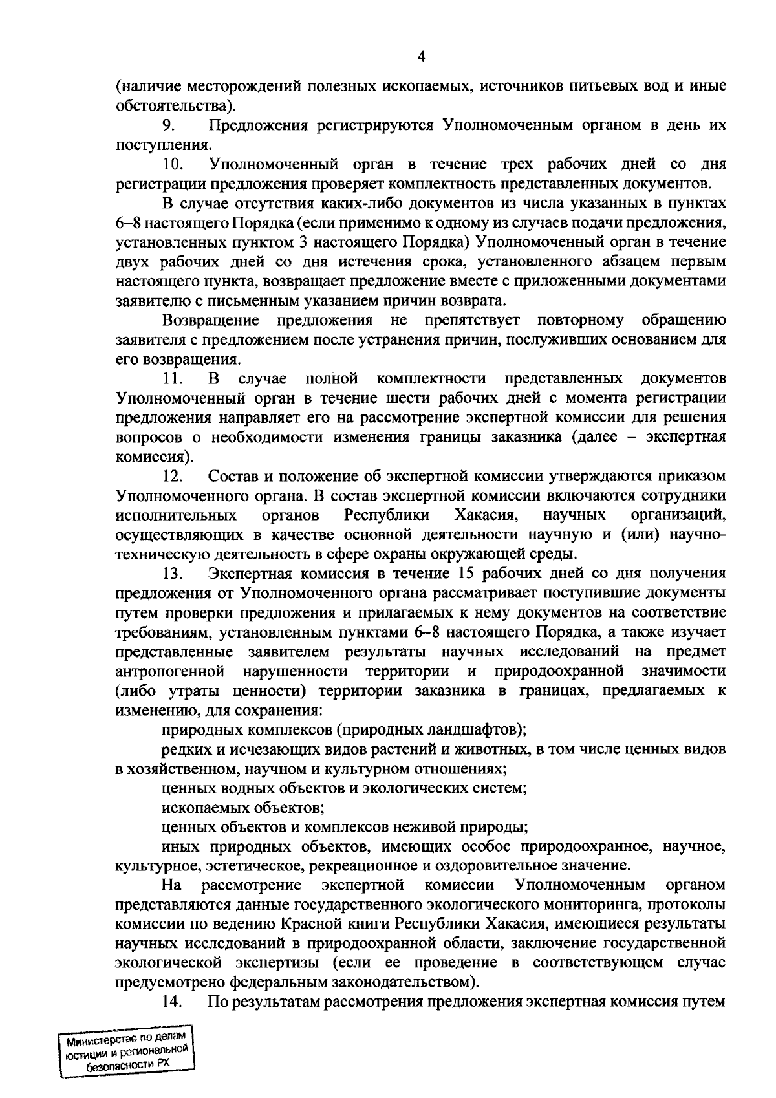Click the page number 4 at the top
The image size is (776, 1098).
(x=421, y=57)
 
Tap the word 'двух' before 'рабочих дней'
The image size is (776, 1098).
(x=136, y=262)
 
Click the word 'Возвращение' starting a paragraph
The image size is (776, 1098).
(x=211, y=320)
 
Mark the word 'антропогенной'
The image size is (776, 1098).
(x=171, y=671)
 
